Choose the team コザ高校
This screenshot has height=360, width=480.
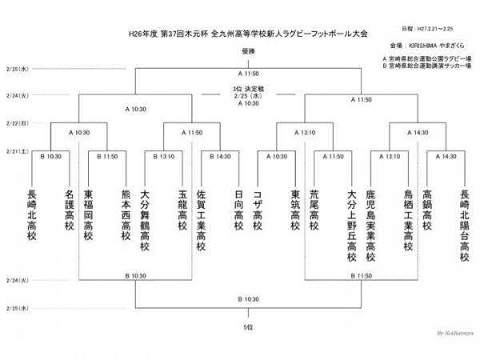258,206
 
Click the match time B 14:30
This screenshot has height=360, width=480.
219,157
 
